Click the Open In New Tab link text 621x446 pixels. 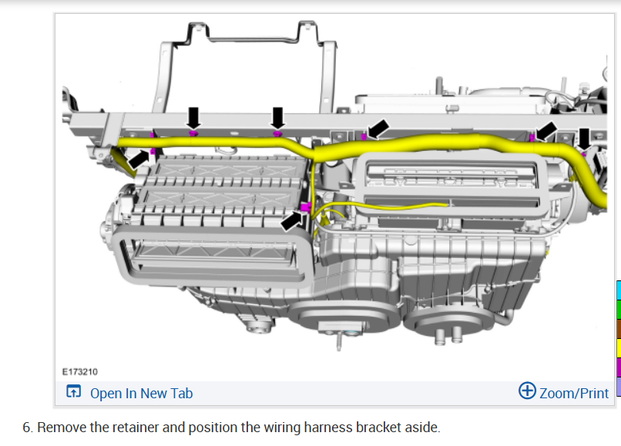click(142, 394)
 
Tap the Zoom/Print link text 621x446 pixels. click(574, 394)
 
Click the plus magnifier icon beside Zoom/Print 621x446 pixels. click(527, 391)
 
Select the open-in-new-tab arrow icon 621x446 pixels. click(74, 391)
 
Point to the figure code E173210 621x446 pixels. click(79, 371)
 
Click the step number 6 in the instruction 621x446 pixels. click(26, 428)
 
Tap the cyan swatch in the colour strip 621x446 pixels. click(619, 290)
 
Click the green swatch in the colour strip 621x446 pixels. click(619, 310)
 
